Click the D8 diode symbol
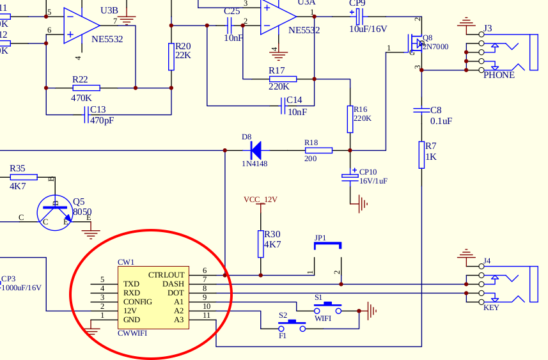tap(256, 151)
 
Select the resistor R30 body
tap(260, 243)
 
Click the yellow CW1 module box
tap(153, 297)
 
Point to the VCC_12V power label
tap(260, 200)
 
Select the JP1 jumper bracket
tap(327, 244)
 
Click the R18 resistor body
tap(318, 151)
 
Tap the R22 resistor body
tap(86, 88)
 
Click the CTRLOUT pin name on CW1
tap(166, 275)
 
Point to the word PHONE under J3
tap(499, 75)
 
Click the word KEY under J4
tap(491, 308)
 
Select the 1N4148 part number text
tap(254, 164)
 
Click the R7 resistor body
tap(421, 155)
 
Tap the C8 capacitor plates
tap(421, 110)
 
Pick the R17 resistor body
tap(283, 79)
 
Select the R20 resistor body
tap(171, 56)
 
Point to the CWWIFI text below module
tap(132, 333)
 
